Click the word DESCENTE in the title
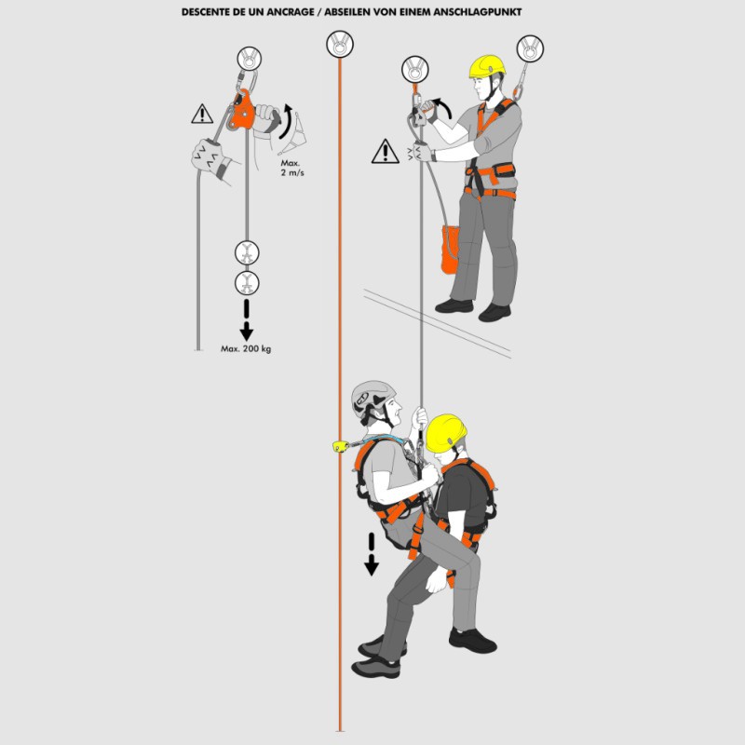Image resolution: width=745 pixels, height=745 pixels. point(207,12)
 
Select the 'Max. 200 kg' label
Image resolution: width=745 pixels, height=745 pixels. point(246,348)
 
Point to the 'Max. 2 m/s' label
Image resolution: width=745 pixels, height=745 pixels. point(291,168)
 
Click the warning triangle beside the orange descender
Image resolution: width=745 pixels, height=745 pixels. point(202,114)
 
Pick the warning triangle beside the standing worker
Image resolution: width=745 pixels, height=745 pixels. point(385,152)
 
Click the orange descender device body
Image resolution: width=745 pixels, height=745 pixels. point(241,111)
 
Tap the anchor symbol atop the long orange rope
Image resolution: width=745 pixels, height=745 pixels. point(340,44)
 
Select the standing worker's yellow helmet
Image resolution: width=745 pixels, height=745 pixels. point(486,66)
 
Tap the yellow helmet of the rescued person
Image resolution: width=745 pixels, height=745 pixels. point(446,432)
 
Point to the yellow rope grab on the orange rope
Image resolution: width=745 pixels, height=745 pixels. point(341,446)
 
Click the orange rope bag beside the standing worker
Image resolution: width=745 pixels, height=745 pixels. point(450,250)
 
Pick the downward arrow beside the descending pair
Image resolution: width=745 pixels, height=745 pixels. point(371,554)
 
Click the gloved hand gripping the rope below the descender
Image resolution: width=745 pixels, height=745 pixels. point(209,156)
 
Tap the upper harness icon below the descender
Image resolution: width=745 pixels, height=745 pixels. point(247,252)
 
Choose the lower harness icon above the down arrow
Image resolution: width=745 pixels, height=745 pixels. point(247,283)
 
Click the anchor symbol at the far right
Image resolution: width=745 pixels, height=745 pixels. point(530,48)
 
